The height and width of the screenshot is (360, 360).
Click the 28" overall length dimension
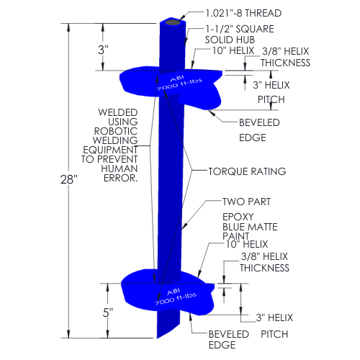pyautogui.click(x=69, y=179)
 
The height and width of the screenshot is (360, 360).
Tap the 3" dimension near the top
pyautogui.click(x=103, y=50)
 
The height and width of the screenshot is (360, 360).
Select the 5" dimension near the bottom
pyautogui.click(x=108, y=312)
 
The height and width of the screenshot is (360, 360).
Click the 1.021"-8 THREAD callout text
pyautogui.click(x=243, y=13)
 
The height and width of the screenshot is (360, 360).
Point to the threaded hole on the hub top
pyautogui.click(x=173, y=22)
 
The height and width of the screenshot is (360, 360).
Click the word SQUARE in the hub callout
pyautogui.click(x=255, y=29)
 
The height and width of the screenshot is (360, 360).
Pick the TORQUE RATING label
pyautogui.click(x=247, y=171)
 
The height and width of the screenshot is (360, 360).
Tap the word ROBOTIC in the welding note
pyautogui.click(x=116, y=131)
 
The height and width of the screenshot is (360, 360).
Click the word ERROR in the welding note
pyautogui.click(x=120, y=178)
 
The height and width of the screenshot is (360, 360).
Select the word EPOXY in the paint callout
pyautogui.click(x=238, y=217)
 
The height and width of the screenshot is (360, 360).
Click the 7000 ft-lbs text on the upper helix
pyautogui.click(x=180, y=84)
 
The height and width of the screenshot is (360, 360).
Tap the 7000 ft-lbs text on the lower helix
pyautogui.click(x=176, y=299)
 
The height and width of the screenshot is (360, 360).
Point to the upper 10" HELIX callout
pyautogui.click(x=233, y=50)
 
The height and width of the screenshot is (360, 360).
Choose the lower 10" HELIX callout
pyautogui.click(x=247, y=244)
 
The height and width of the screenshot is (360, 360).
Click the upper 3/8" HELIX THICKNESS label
pyautogui.click(x=286, y=57)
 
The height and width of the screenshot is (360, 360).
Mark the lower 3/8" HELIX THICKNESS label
pyautogui.click(x=264, y=262)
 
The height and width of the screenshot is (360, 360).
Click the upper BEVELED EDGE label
pyautogui.click(x=259, y=130)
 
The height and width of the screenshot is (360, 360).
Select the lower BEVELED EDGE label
pyautogui.click(x=228, y=339)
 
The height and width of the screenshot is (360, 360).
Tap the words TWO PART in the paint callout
pyautogui.click(x=246, y=202)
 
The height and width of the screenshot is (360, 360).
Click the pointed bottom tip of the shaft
pyautogui.click(x=157, y=338)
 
